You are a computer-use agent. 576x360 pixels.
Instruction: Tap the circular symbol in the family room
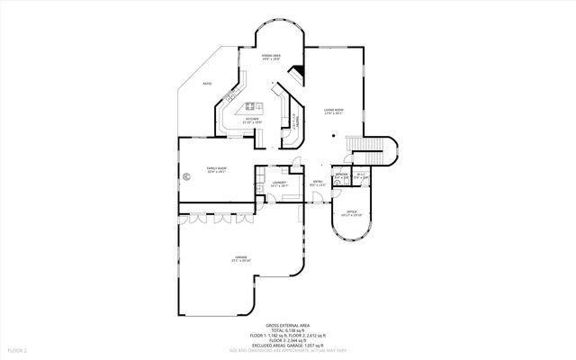[x=187, y=176]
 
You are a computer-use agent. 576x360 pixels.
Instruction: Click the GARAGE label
[x=241, y=257]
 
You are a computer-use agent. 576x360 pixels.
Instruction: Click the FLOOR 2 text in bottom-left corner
[x=17, y=349]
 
